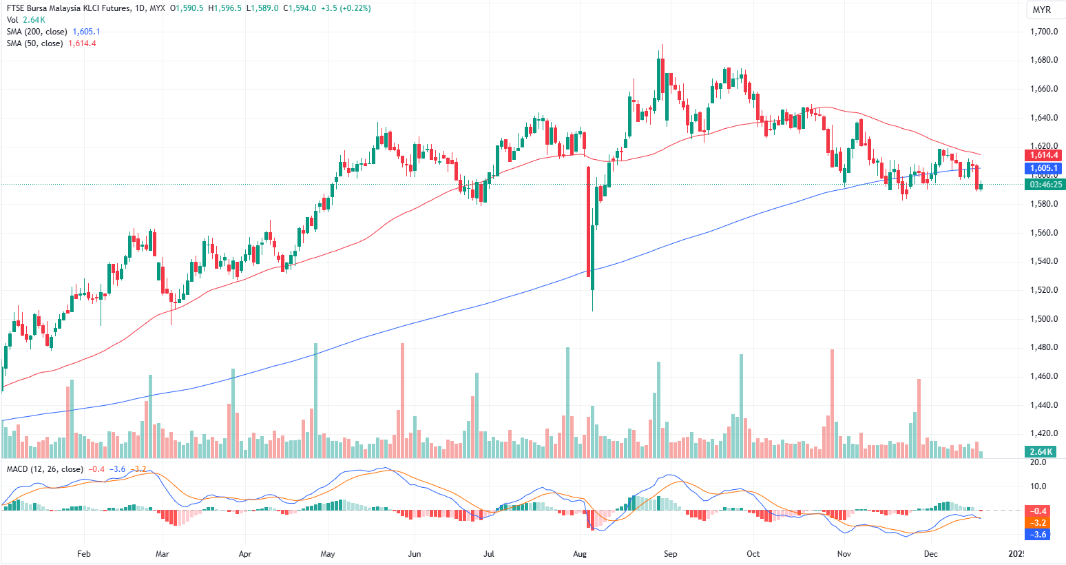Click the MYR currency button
click(1041, 10)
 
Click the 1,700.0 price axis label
click(1044, 32)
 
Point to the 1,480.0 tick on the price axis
click(1044, 347)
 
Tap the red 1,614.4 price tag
click(1044, 155)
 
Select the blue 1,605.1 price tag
click(1044, 168)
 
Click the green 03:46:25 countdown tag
click(1045, 185)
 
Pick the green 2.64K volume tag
click(1040, 452)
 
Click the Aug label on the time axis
click(580, 554)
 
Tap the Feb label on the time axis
click(84, 554)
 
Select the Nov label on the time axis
click(844, 554)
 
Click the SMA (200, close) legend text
click(37, 32)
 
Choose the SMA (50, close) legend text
click(34, 43)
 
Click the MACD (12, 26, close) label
click(45, 469)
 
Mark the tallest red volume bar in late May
click(402, 400)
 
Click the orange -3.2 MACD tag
click(1038, 523)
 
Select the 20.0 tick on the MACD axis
click(1038, 462)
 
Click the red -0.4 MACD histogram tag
click(1038, 511)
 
